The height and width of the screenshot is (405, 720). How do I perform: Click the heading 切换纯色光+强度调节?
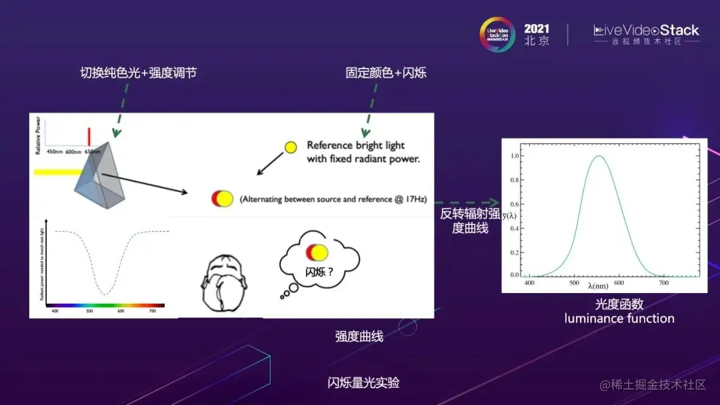138,73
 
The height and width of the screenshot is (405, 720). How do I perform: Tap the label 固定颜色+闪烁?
386,73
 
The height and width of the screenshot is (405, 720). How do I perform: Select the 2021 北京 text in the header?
537,34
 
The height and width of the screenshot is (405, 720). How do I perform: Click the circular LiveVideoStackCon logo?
498,34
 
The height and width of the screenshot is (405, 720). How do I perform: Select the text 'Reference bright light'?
355,145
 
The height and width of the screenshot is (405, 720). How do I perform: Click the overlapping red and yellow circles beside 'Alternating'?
222,198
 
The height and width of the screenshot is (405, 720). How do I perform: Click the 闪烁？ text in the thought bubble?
319,272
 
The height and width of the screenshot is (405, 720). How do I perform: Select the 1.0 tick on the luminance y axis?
514,156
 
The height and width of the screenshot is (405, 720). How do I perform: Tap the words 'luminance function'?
619,318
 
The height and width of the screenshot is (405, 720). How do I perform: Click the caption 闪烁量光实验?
363,383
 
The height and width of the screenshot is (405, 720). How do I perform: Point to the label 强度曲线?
359,336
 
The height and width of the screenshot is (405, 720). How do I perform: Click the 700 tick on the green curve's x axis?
664,283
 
